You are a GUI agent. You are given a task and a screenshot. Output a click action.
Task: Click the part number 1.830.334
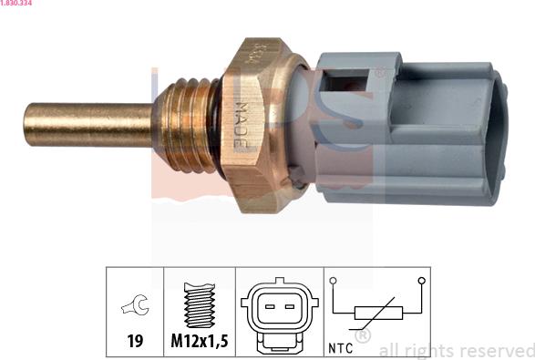point(17,5)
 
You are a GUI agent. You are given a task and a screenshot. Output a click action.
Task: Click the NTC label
point(339,347)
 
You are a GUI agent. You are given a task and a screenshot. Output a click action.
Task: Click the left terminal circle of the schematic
point(334,282)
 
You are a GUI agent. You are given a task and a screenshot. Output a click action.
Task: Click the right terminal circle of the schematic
point(421,282)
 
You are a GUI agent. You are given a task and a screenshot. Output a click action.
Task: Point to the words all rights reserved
point(456,350)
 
